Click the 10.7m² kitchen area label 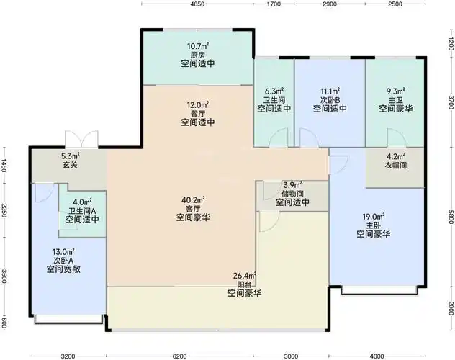pos(198,47)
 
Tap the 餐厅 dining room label pos(198,113)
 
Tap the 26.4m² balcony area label pos(245,275)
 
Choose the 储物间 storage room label pos(292,194)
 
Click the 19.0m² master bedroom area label pos(373,216)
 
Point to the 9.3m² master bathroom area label pos(395,91)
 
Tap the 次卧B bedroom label pos(330,100)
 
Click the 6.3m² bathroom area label pos(274,91)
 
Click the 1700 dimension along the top pos(274,5)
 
